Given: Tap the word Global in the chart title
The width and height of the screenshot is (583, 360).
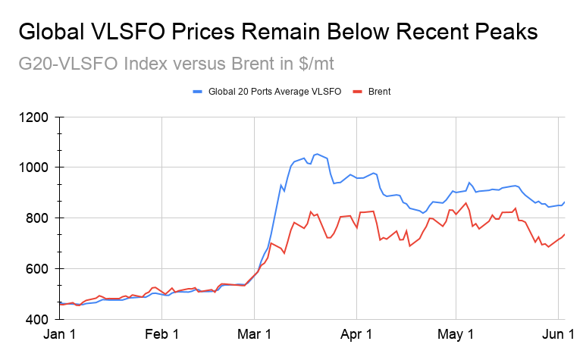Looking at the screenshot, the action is tap(52, 32).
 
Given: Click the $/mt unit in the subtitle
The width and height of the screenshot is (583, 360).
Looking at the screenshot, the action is tap(316, 64).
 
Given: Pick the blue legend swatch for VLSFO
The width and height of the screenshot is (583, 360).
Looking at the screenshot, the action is tap(197, 92).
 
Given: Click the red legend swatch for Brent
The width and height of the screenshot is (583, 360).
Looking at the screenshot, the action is tap(357, 92).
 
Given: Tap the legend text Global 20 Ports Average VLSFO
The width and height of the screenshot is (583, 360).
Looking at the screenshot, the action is tap(274, 92).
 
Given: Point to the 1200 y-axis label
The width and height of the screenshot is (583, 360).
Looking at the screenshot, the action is tap(33, 117).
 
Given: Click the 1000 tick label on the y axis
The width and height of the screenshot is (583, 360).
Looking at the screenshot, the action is tap(33, 167).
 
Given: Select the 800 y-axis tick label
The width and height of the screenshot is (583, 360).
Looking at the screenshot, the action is tap(37, 218).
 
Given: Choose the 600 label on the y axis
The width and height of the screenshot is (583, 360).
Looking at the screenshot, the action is tap(37, 268).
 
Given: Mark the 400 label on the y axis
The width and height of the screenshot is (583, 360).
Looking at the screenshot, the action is tap(37, 319).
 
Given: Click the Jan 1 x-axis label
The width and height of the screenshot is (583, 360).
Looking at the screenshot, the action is tap(59, 334).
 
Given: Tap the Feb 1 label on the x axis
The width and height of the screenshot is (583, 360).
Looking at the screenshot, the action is tap(161, 334).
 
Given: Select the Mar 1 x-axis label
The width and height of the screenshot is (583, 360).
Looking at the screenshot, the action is tap(254, 334).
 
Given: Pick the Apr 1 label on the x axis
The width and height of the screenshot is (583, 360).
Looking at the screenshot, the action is tap(356, 334).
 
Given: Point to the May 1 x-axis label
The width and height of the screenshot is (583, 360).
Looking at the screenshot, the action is tap(456, 334).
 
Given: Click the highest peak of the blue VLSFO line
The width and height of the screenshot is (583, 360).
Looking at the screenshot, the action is tap(316, 154).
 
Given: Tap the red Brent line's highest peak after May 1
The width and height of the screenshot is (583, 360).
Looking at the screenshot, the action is tap(466, 203).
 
